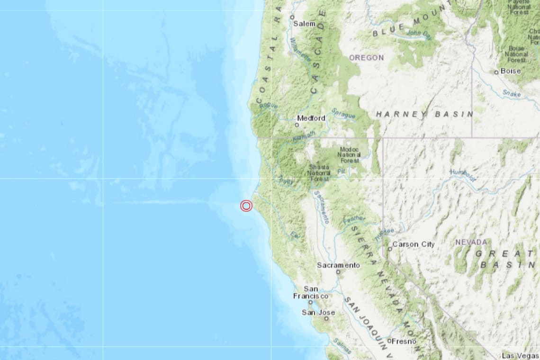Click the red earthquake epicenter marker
coord(246,206)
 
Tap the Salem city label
coord(305,23)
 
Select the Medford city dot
coord(297,125)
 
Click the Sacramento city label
coord(338,265)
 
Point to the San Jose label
coord(318,312)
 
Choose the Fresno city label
coord(405,341)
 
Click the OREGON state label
coord(367,57)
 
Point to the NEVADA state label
coord(471,242)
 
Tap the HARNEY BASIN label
coord(424,114)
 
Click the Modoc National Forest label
coord(350,154)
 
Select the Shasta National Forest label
coord(319,173)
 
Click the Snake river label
coord(511,93)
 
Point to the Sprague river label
coord(343,114)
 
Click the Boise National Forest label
coord(516,54)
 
